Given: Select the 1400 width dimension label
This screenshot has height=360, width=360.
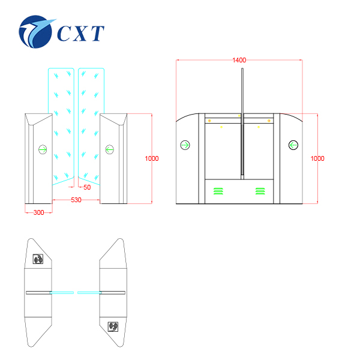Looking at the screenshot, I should [239, 60].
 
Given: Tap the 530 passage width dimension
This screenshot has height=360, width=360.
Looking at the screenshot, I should [76, 200].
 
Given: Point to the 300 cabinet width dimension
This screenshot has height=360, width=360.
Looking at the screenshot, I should [38, 212].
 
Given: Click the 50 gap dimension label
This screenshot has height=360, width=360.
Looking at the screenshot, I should [87, 187].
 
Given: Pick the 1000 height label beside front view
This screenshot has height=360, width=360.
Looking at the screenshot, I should [152, 158].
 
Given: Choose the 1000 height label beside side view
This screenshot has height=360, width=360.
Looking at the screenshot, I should [317, 158].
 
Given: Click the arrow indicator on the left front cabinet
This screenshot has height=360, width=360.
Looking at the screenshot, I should [43, 149].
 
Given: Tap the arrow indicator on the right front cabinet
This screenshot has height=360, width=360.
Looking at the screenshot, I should [109, 149].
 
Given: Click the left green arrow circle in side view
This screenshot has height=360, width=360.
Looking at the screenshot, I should [185, 145].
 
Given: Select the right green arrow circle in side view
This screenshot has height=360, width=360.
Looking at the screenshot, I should [293, 145].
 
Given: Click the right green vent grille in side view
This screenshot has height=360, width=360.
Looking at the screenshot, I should [260, 191].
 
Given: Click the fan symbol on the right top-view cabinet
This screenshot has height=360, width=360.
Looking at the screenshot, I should [112, 326].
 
